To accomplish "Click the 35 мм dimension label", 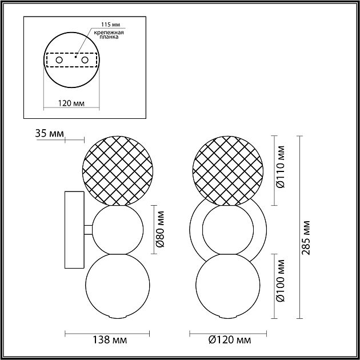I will pyautogui.click(x=49, y=134).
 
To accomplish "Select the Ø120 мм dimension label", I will pyautogui.click(x=230, y=340).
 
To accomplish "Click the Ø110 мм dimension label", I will pyautogui.click(x=281, y=170).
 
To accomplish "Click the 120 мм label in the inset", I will pyautogui.click(x=72, y=103).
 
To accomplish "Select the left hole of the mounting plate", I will pyautogui.click(x=58, y=59).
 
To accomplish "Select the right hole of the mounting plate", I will pyautogui.click(x=85, y=59).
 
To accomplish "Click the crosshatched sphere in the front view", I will pyautogui.click(x=228, y=170).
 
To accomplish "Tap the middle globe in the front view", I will pyautogui.click(x=228, y=230).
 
